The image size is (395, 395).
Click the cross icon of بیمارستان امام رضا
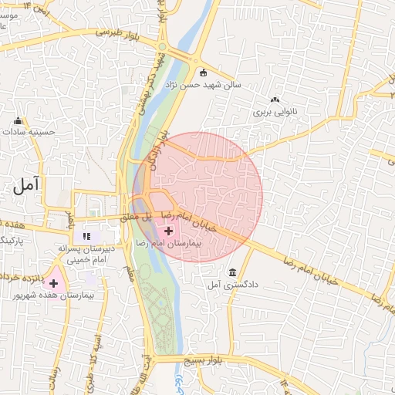[169, 231]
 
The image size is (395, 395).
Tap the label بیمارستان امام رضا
[168, 243]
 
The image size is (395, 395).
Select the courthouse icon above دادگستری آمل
[233, 273]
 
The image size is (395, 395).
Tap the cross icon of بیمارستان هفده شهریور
[53, 284]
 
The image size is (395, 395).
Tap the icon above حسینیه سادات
[19, 120]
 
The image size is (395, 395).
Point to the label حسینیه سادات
[31, 132]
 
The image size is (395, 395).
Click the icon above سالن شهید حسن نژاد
[203, 73]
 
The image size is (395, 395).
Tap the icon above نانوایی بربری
[275, 100]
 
